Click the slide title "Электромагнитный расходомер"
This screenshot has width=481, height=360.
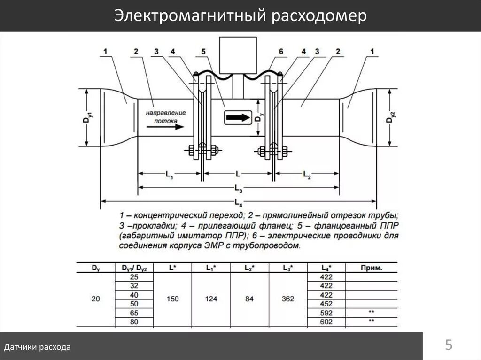click(x=240, y=16)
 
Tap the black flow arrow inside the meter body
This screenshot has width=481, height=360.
click(x=238, y=118)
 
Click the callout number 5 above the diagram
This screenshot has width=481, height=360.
click(x=203, y=52)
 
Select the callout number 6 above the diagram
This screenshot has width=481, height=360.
click(x=280, y=52)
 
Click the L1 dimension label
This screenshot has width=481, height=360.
click(x=170, y=175)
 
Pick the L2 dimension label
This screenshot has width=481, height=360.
click(x=307, y=175)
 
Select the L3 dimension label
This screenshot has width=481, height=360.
click(x=238, y=190)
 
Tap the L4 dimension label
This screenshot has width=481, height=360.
click(x=238, y=203)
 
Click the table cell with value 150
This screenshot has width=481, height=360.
click(x=172, y=299)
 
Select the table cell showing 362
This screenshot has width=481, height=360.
click(x=287, y=299)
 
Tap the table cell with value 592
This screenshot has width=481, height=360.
click(x=326, y=313)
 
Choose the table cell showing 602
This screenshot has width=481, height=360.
click(x=326, y=322)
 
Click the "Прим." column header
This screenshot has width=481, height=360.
click(x=371, y=268)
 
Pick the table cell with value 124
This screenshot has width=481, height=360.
click(x=210, y=299)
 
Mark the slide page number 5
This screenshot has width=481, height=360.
click(x=449, y=346)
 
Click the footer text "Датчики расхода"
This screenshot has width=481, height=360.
click(x=38, y=347)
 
